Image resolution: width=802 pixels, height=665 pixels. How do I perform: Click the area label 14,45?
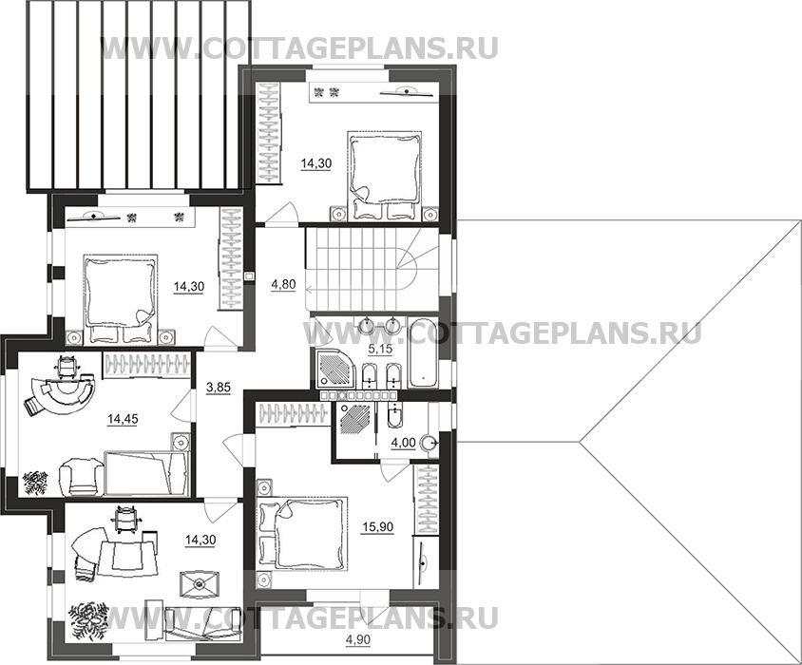123,420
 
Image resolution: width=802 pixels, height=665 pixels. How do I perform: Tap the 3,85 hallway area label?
218,388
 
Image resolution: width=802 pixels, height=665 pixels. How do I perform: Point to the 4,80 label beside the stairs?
283,284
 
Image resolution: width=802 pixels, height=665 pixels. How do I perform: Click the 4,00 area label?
403,443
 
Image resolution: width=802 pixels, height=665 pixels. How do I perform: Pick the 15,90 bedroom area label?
378,526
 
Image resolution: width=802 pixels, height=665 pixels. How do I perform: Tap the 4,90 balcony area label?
358,639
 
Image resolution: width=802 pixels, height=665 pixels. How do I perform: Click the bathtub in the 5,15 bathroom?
423,352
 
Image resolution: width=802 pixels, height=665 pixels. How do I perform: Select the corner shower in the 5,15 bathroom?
334,369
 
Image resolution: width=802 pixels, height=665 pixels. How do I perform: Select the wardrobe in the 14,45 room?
146,365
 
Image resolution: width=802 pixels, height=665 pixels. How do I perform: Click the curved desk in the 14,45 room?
62,389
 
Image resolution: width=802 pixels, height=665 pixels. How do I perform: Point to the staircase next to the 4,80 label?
372,269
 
